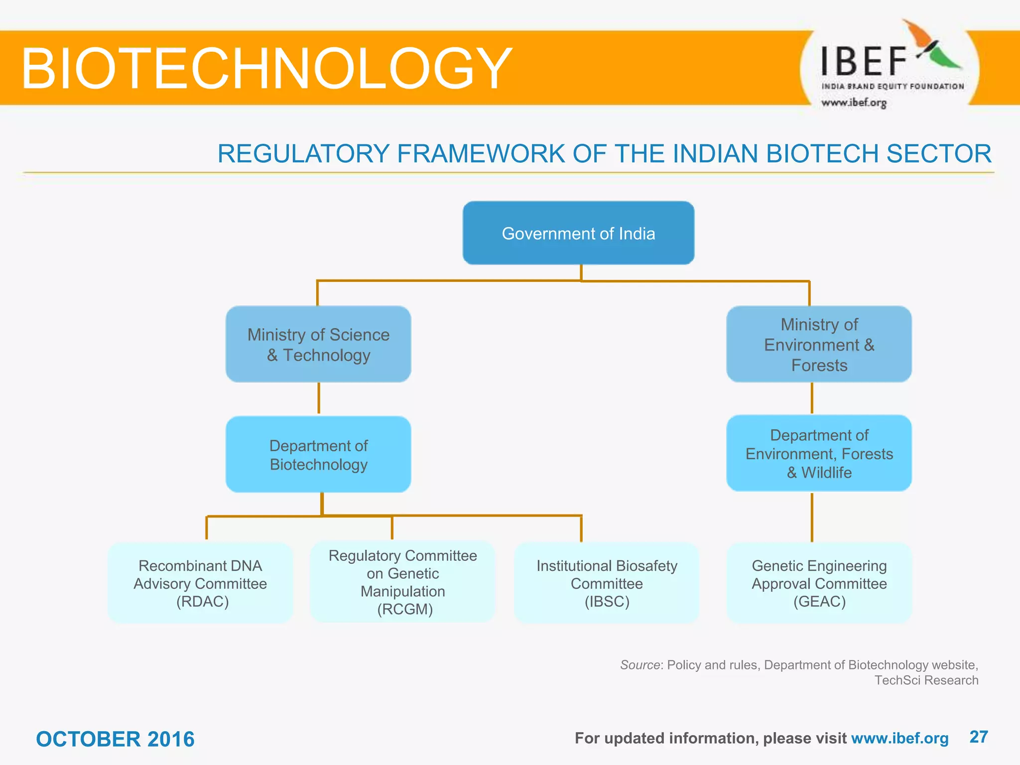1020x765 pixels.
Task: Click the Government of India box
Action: (x=578, y=233)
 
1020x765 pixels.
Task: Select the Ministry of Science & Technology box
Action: (x=318, y=344)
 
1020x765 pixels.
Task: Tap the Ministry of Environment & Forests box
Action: (x=819, y=344)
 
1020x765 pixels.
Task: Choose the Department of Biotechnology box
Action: (x=318, y=454)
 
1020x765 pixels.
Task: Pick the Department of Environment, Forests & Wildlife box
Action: (x=819, y=453)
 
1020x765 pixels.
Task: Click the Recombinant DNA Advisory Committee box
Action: (x=200, y=583)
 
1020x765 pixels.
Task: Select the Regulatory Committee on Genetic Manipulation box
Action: (x=402, y=582)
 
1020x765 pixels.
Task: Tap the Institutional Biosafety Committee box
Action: (x=607, y=583)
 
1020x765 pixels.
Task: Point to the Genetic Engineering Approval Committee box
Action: (x=819, y=583)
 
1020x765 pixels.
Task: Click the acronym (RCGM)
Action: (x=405, y=609)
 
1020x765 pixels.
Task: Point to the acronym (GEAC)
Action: (x=819, y=602)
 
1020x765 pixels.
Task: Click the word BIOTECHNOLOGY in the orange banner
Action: (x=266, y=68)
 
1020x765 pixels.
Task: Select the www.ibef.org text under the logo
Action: (x=854, y=103)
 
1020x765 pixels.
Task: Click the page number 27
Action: (x=979, y=737)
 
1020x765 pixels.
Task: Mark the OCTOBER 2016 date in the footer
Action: (x=115, y=739)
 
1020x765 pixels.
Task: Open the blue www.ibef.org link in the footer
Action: (x=899, y=738)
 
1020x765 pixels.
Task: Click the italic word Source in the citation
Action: (x=640, y=665)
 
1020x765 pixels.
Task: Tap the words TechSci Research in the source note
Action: (x=926, y=680)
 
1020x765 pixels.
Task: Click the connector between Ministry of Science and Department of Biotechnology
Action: (x=319, y=398)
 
